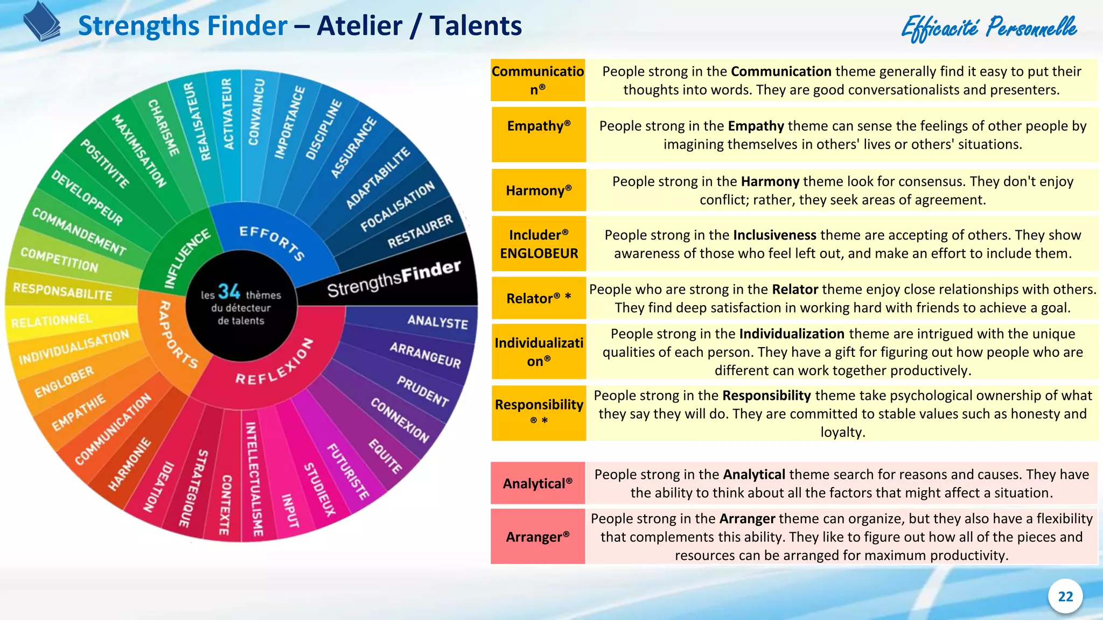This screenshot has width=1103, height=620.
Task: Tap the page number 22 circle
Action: pyautogui.click(x=1065, y=596)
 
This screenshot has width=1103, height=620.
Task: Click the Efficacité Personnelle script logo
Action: pyautogui.click(x=989, y=28)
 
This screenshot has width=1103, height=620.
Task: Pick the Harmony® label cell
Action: pyautogui.click(x=539, y=191)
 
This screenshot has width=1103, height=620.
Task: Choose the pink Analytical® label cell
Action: pyautogui.click(x=537, y=483)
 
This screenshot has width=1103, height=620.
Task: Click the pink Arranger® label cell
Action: pyautogui.click(x=537, y=537)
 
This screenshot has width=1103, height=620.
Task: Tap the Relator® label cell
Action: pyautogui.click(x=539, y=298)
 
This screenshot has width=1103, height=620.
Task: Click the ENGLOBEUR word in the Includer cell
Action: pyautogui.click(x=539, y=253)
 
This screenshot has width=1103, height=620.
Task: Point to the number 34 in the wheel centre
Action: pyautogui.click(x=229, y=292)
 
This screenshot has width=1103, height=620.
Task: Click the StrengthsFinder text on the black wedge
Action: pyautogui.click(x=394, y=279)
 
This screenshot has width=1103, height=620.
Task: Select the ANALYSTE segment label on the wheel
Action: pyautogui.click(x=437, y=322)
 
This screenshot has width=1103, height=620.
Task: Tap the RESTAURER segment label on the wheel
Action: pyautogui.click(x=420, y=232)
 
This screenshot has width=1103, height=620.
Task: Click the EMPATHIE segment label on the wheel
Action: pyautogui.click(x=79, y=412)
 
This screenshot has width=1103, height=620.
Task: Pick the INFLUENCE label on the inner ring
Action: pyautogui.click(x=187, y=258)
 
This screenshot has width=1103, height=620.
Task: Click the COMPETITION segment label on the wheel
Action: pyautogui.click(x=59, y=259)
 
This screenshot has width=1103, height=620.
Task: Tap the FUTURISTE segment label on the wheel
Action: pyautogui.click(x=348, y=471)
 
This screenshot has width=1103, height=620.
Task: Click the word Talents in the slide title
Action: pyautogui.click(x=476, y=26)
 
